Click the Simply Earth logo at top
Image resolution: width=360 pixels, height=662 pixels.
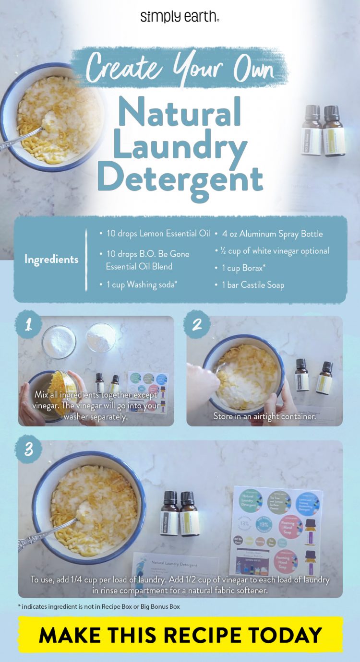(x=180, y=17)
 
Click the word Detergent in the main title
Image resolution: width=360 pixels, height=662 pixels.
(x=180, y=178)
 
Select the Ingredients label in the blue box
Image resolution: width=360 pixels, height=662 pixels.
(x=51, y=260)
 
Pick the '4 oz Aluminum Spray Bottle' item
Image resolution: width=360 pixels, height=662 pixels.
(x=272, y=234)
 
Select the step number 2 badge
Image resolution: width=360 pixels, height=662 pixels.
(x=197, y=325)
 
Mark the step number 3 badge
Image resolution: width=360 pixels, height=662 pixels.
(x=28, y=450)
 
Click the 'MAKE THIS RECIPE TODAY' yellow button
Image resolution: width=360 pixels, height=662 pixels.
(x=180, y=634)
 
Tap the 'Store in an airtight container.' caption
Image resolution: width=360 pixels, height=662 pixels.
(x=264, y=416)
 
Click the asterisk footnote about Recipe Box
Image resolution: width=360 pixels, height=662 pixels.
(x=99, y=606)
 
